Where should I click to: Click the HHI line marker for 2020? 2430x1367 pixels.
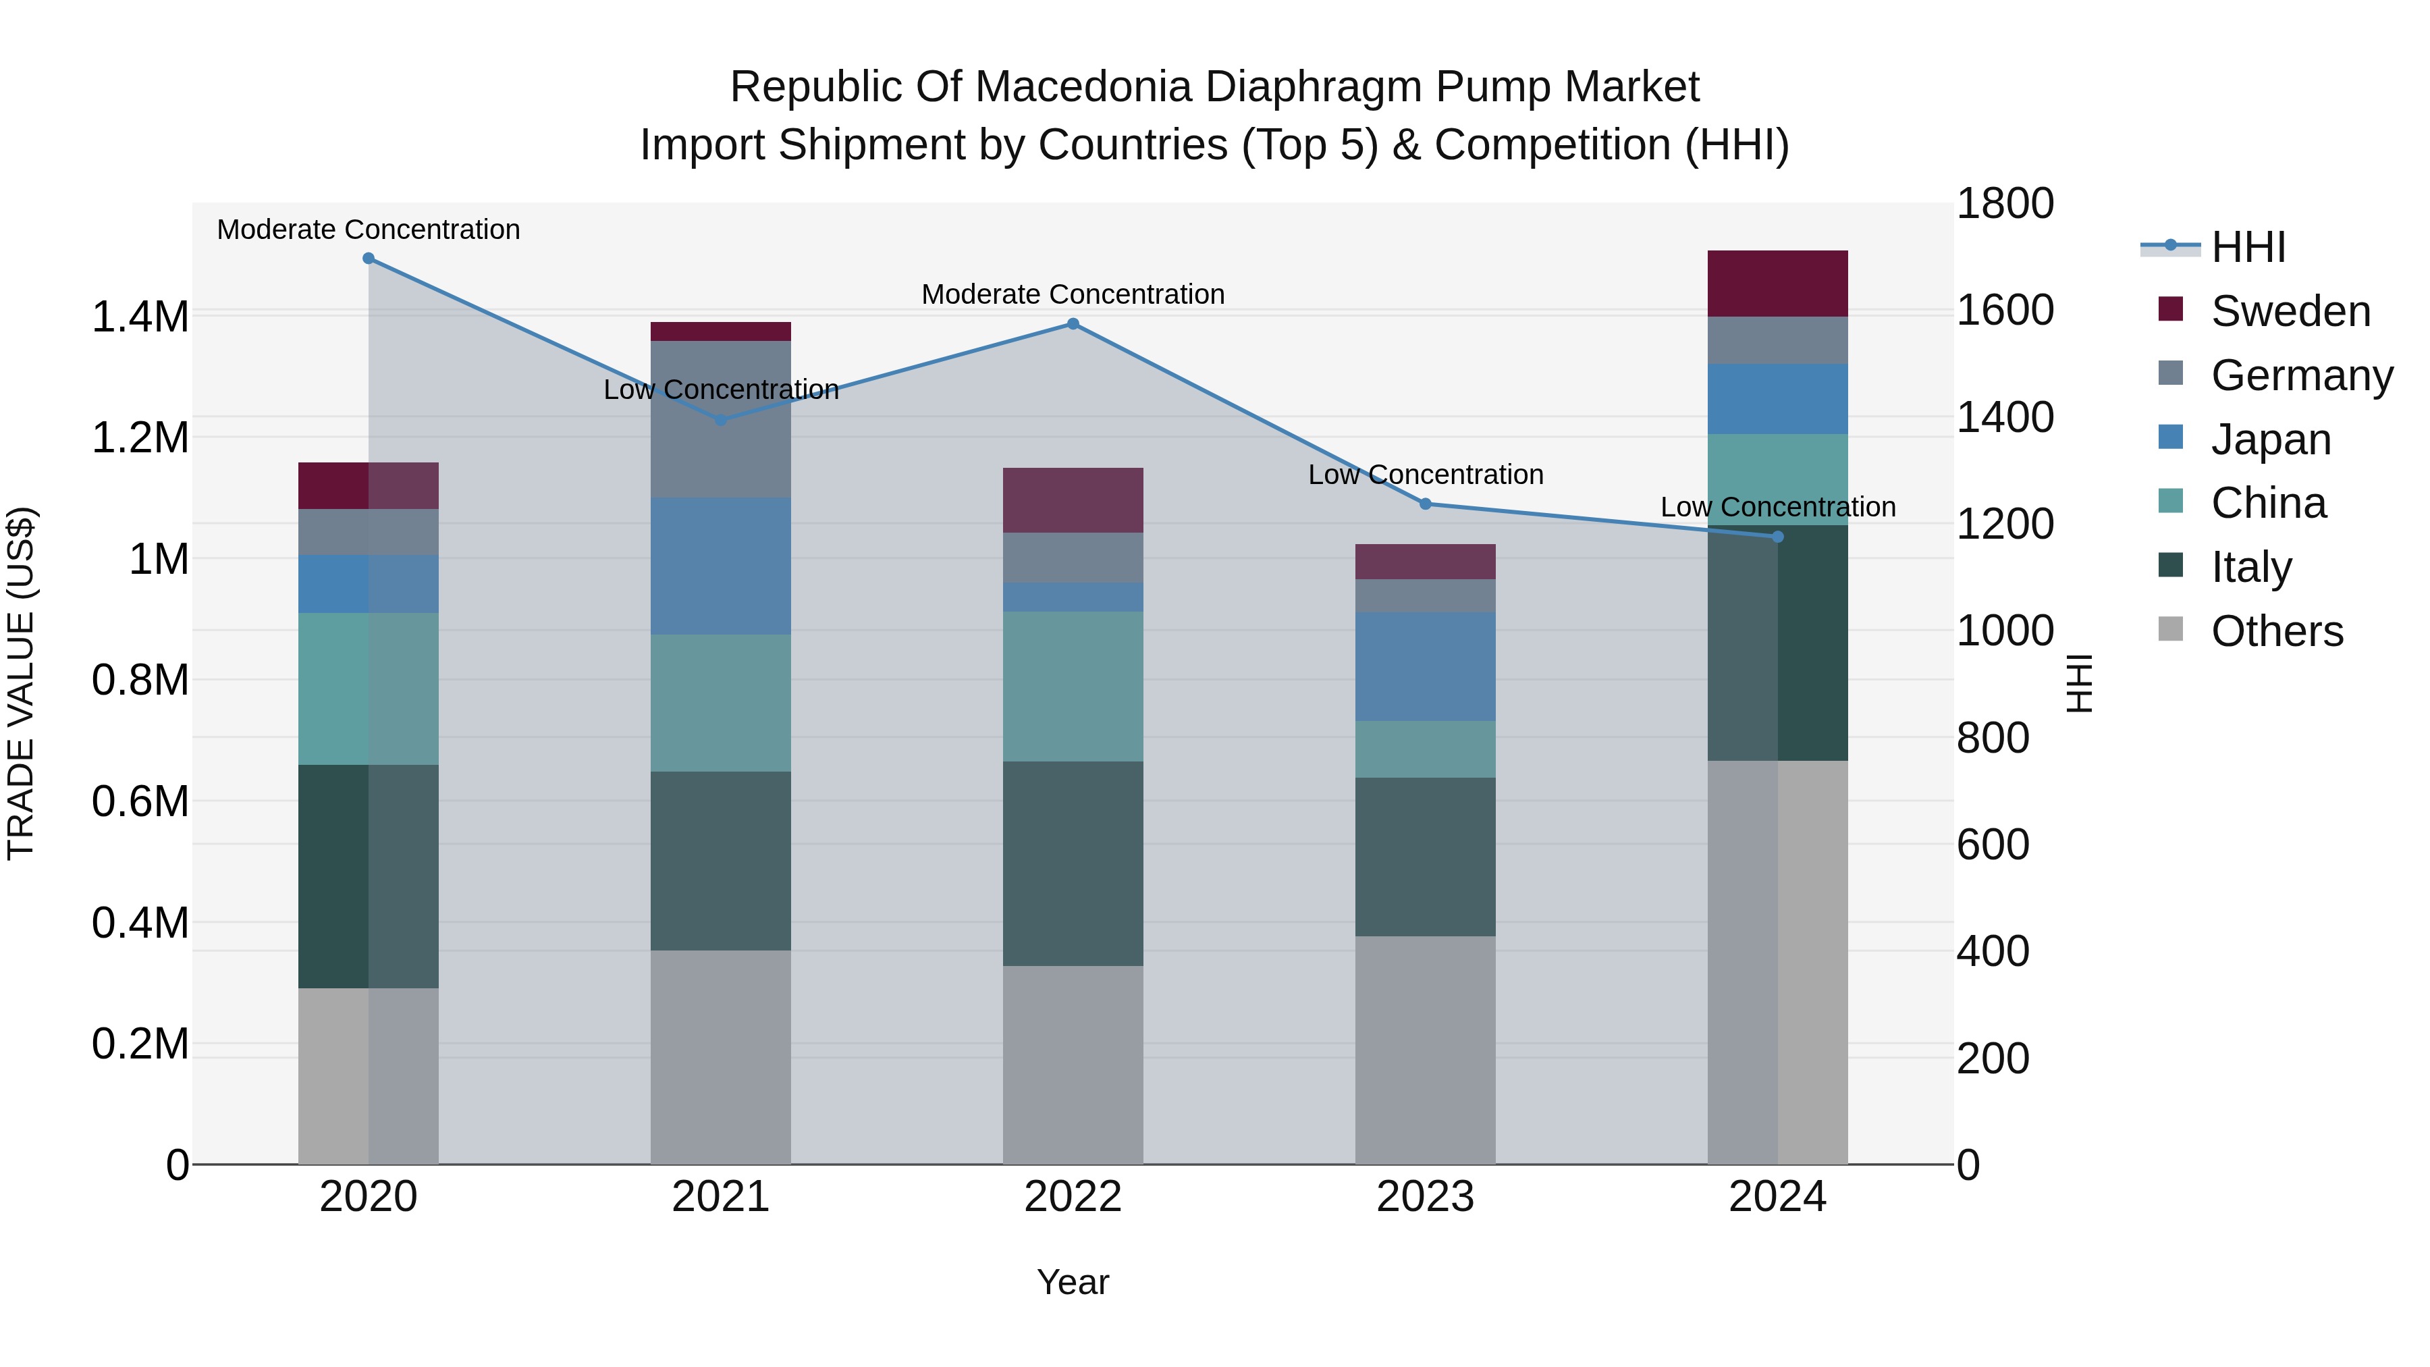[x=369, y=259]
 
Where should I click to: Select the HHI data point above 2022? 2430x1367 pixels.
[x=1073, y=323]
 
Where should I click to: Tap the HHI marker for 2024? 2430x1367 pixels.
[x=1777, y=537]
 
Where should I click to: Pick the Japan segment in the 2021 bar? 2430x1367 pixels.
[x=721, y=566]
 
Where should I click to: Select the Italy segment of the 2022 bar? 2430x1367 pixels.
[x=1073, y=863]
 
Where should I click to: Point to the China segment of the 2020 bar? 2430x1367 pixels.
[x=368, y=689]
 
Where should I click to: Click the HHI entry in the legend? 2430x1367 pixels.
[x=2247, y=247]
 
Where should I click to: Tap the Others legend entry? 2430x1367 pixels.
[x=2275, y=631]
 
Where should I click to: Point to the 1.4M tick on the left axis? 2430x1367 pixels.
[x=140, y=317]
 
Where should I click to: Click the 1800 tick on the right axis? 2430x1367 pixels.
[x=2005, y=204]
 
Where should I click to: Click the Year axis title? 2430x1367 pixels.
[x=1073, y=1282]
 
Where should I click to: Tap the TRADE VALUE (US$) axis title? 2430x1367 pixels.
[x=21, y=683]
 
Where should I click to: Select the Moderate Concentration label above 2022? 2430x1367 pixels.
[x=1073, y=294]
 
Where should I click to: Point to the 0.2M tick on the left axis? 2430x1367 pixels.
[x=140, y=1044]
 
